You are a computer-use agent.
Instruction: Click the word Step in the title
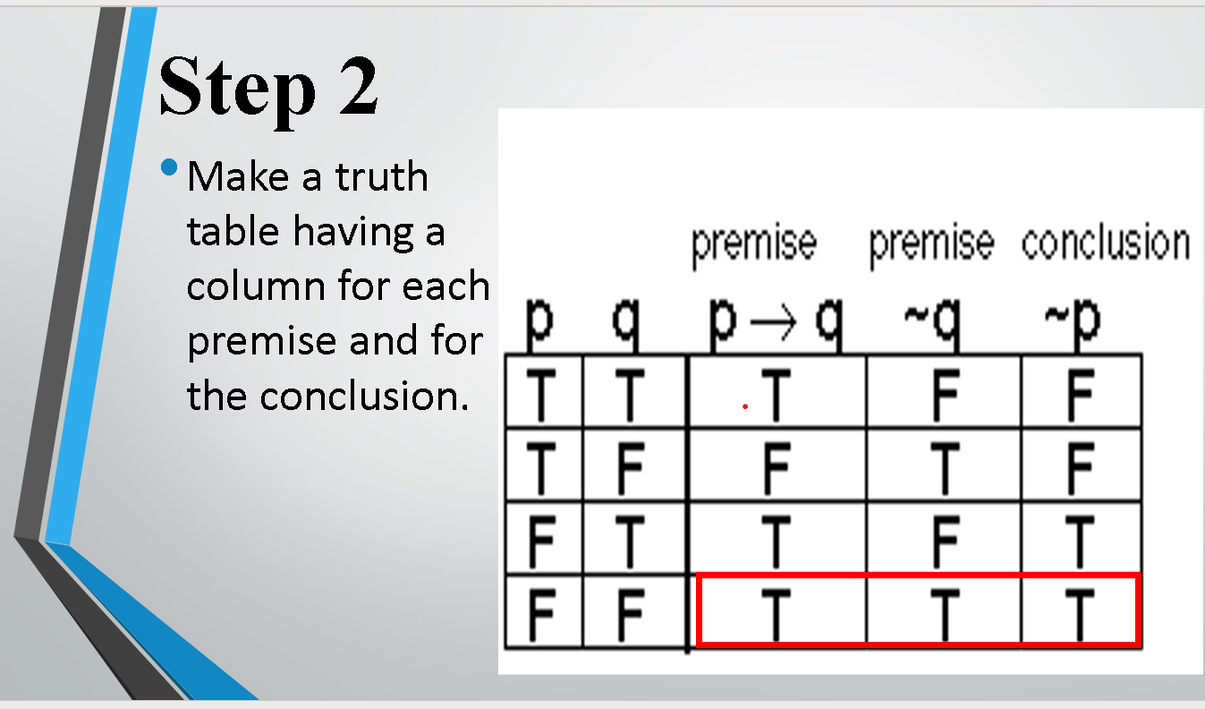(235, 88)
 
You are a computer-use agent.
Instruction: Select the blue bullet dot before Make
(169, 167)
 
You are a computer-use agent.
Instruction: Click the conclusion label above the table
(1105, 243)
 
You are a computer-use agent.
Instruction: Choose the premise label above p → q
(753, 243)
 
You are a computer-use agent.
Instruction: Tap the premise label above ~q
(930, 243)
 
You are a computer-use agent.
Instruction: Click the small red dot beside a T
(744, 406)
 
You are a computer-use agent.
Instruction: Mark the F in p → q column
(775, 466)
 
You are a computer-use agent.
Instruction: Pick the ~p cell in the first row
(1081, 392)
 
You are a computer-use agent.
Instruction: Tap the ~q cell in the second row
(943, 466)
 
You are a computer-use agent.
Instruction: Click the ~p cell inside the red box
(1081, 611)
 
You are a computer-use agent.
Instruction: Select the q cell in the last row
(631, 611)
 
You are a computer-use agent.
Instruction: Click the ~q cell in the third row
(943, 538)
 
